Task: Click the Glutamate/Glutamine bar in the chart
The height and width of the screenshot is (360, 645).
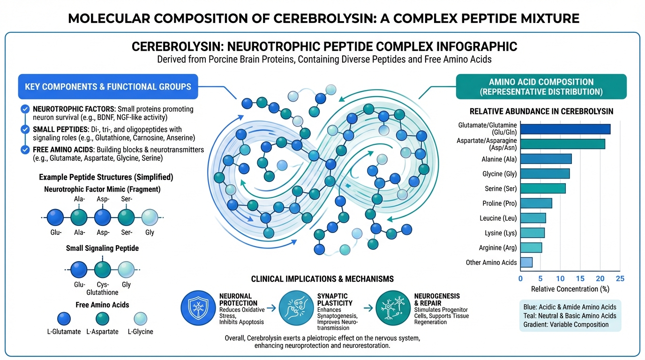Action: pos(565,129)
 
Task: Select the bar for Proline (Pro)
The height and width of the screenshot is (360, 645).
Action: pos(536,203)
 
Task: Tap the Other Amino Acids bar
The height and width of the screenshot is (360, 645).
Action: pos(526,262)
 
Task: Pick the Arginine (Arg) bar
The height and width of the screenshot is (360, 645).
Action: pos(531,247)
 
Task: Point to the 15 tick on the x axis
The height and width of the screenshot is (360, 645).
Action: pos(580,278)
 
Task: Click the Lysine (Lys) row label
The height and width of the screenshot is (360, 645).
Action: pos(501,233)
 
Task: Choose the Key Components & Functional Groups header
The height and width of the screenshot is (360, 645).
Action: pos(108,86)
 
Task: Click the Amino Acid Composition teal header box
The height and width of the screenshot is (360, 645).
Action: pos(541,87)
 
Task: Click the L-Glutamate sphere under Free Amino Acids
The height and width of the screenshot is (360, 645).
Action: pos(64,319)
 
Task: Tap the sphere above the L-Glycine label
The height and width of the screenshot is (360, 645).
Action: pos(140,319)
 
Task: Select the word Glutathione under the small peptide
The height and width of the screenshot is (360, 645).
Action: pos(102,292)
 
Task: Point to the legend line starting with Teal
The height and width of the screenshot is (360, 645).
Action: pos(570,315)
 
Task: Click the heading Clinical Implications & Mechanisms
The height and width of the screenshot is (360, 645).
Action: pos(322,279)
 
